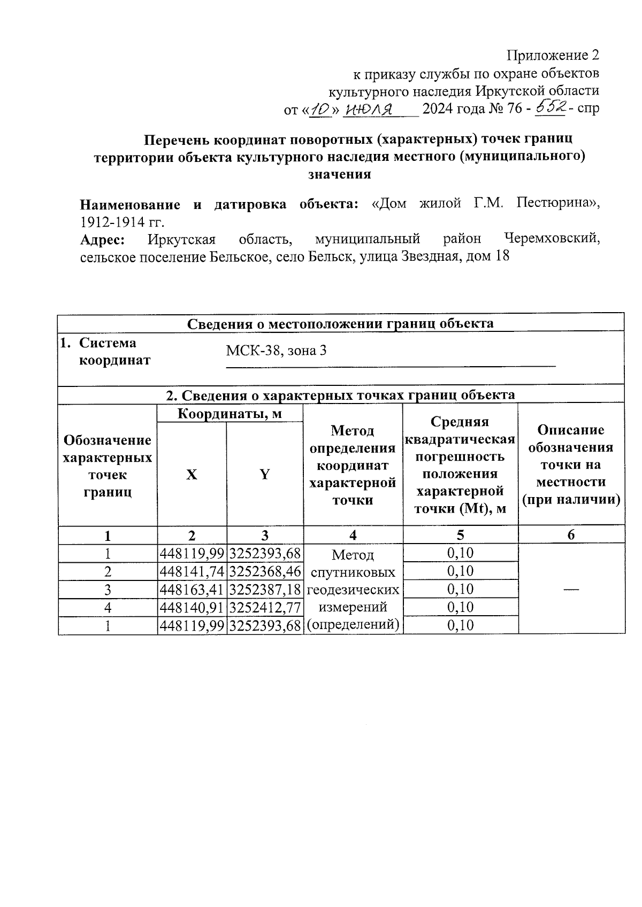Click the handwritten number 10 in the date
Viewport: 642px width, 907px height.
pyautogui.click(x=320, y=109)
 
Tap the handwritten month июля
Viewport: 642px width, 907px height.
pyautogui.click(x=370, y=110)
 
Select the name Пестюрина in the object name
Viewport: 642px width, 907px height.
pyautogui.click(x=555, y=204)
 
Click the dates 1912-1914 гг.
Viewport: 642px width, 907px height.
pyautogui.click(x=122, y=222)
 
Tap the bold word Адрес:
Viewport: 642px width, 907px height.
pyautogui.click(x=102, y=239)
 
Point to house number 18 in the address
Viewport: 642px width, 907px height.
pyautogui.click(x=502, y=257)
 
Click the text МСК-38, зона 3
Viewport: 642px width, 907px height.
pyautogui.click(x=276, y=351)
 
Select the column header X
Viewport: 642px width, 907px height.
pyautogui.click(x=192, y=474)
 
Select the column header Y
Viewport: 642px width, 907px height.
pyautogui.click(x=264, y=474)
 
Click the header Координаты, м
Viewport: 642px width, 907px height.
pyautogui.click(x=230, y=413)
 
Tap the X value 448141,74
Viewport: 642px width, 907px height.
pyautogui.click(x=192, y=571)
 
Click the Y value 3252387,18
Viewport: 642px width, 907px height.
pyautogui.click(x=265, y=590)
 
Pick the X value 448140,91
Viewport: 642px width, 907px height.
pyautogui.click(x=192, y=608)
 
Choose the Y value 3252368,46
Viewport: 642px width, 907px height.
pyautogui.click(x=265, y=571)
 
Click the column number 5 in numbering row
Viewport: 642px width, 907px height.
pyautogui.click(x=460, y=535)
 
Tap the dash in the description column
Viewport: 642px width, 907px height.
pyautogui.click(x=571, y=588)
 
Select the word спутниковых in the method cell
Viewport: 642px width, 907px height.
pyautogui.click(x=353, y=572)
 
